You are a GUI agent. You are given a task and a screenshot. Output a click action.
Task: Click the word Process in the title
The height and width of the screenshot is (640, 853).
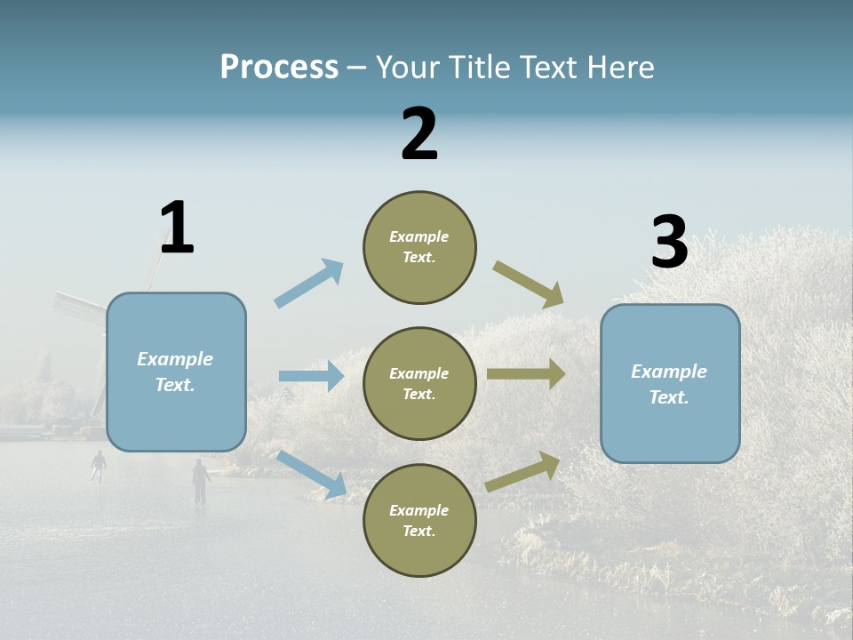click(279, 68)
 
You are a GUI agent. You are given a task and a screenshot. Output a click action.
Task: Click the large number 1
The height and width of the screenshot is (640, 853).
click(177, 228)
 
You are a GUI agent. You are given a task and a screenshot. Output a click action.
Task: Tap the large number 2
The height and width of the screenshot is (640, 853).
click(419, 134)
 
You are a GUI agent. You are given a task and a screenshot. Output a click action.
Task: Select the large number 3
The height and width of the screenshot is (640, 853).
click(669, 243)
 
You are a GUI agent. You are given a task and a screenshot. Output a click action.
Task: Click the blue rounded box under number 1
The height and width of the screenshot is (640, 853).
click(176, 372)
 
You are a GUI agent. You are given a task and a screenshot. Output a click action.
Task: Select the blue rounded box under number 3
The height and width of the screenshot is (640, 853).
click(670, 383)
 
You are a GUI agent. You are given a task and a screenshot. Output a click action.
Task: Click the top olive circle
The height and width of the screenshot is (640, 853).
click(419, 247)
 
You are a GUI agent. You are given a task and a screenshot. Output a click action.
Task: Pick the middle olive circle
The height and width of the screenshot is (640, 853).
click(419, 383)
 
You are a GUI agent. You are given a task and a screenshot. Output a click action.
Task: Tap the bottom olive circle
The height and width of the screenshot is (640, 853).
click(419, 520)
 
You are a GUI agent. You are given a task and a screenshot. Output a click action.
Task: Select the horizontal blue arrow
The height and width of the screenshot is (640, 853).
click(311, 376)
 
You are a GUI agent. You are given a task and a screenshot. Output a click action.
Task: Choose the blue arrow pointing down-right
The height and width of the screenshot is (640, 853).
click(312, 474)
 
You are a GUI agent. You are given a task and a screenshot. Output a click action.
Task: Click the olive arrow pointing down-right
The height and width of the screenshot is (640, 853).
click(529, 284)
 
